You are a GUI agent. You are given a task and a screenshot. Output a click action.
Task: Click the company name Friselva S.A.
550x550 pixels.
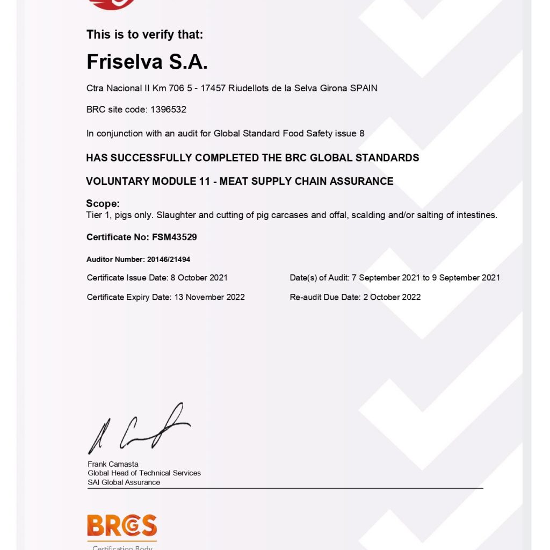[x=147, y=62]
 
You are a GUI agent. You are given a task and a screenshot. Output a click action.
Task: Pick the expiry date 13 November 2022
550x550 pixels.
[x=209, y=297]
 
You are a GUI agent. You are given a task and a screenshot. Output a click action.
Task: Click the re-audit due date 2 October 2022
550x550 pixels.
[x=392, y=297]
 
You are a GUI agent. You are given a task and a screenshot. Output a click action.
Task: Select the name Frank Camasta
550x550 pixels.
[x=113, y=464]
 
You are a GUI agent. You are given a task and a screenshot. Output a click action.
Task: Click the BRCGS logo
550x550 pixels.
[x=122, y=526]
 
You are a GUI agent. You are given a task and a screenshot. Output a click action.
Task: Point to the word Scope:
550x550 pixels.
[x=103, y=204]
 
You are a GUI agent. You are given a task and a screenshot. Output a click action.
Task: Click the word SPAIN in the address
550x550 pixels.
[x=364, y=88]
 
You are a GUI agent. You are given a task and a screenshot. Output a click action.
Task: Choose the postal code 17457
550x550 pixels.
[x=213, y=88]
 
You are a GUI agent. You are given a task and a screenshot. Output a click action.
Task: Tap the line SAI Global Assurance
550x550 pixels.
[x=124, y=482]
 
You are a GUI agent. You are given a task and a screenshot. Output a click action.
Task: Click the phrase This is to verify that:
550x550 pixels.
[x=145, y=35]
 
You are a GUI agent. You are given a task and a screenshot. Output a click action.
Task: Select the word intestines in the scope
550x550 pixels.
[x=476, y=215]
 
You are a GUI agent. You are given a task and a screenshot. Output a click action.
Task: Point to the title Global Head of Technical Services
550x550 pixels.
[x=144, y=473]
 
